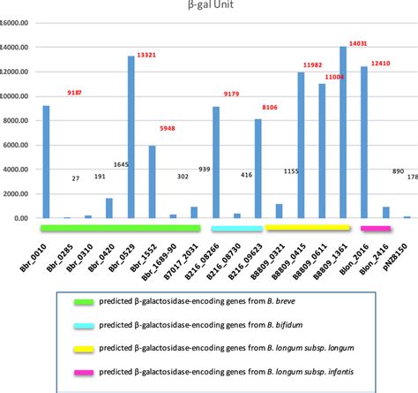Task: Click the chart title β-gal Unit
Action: click(x=210, y=6)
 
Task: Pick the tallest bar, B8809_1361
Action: click(x=342, y=132)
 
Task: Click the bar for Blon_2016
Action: click(x=363, y=142)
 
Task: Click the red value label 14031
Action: click(x=360, y=43)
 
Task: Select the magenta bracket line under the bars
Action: click(x=376, y=229)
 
